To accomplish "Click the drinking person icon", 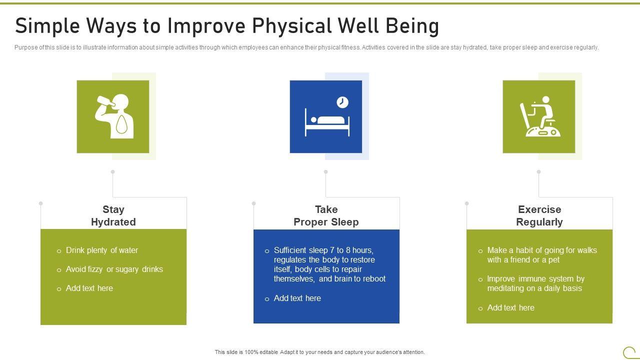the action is click(115, 116).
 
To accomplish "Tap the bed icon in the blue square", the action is click(327, 122).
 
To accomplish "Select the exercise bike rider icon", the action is click(539, 116).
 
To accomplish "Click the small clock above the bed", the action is click(342, 102).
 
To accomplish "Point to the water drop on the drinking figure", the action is click(121, 124).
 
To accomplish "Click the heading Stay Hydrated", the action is click(113, 215).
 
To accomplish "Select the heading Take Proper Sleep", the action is click(326, 215).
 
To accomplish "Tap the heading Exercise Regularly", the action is click(539, 215).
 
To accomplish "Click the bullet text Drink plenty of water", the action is click(102, 250).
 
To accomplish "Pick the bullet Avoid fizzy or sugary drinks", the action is click(114, 269).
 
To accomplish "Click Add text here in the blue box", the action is click(297, 298).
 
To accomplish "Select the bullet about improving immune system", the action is click(535, 283).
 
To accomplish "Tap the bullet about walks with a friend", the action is click(542, 255).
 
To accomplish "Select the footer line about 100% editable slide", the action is click(319, 352).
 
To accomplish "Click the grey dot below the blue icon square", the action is click(325, 171).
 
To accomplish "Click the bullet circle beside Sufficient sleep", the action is click(267, 251).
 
